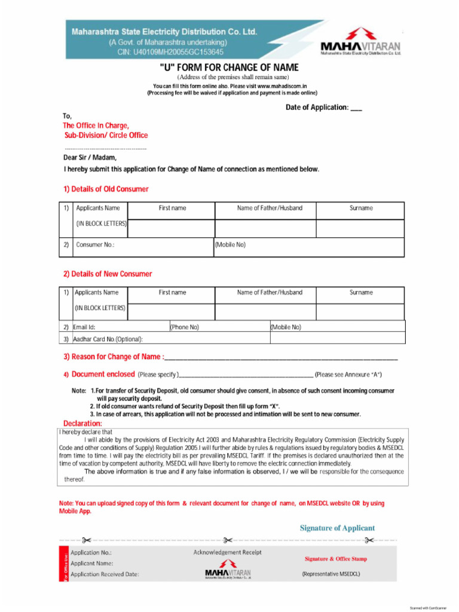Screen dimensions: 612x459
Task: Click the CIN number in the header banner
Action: pyautogui.click(x=170, y=52)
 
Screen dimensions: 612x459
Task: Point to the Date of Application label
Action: pyautogui.click(x=317, y=108)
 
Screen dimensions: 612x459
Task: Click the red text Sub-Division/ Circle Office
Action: pyautogui.click(x=106, y=136)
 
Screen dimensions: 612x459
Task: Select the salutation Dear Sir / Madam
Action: pyautogui.click(x=90, y=158)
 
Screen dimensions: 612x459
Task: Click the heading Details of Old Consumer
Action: pyautogui.click(x=106, y=189)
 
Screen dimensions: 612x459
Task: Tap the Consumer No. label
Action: pyautogui.click(x=95, y=245)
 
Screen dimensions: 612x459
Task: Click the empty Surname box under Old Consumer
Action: pyautogui.click(x=360, y=228)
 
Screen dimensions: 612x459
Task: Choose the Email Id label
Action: pyautogui.click(x=84, y=328)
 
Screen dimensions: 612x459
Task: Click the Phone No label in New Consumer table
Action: pyautogui.click(x=185, y=328)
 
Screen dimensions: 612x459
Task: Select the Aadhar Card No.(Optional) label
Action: pyautogui.click(x=108, y=339)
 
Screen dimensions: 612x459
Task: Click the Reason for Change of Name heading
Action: pyautogui.click(x=114, y=357)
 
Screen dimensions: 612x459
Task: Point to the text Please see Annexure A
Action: pyautogui.click(x=348, y=375)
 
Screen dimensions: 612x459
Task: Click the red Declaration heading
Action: pyautogui.click(x=82, y=424)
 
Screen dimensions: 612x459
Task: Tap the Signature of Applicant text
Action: pyautogui.click(x=337, y=528)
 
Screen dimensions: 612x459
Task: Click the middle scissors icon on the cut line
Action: pyautogui.click(x=228, y=540)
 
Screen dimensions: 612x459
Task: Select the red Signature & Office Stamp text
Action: pyautogui.click(x=336, y=559)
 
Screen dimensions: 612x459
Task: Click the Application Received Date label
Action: pyautogui.click(x=105, y=574)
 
